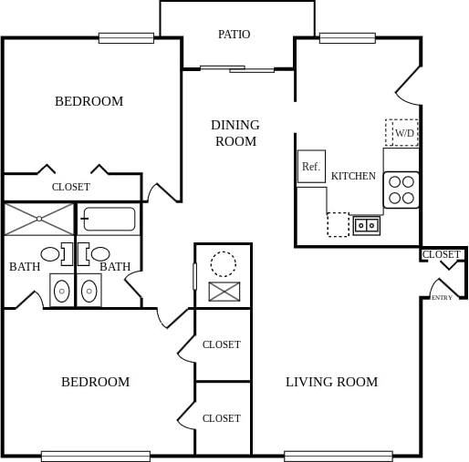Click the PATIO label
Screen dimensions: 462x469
[x=234, y=35]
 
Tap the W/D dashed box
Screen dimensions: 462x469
[x=401, y=133]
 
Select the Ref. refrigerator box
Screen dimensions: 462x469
[x=311, y=166]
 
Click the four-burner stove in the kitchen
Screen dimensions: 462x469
[x=401, y=189]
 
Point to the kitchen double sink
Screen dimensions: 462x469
[x=367, y=224]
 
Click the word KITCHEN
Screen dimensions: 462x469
[x=353, y=176]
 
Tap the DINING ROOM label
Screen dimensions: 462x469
[x=235, y=133]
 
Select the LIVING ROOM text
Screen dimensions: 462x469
[x=331, y=382]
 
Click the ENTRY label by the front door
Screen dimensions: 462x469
[x=442, y=298]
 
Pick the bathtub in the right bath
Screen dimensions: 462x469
[x=109, y=220]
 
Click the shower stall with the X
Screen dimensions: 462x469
[x=38, y=220]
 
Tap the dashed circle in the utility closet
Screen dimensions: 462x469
[x=223, y=264]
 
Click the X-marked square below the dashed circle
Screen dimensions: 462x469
[x=223, y=292]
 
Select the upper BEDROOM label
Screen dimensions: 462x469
[x=89, y=101]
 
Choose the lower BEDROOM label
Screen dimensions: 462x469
[x=95, y=382]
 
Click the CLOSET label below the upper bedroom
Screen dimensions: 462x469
[x=70, y=187]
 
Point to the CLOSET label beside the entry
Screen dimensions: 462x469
[x=442, y=254]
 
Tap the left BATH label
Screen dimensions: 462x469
[x=25, y=267]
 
